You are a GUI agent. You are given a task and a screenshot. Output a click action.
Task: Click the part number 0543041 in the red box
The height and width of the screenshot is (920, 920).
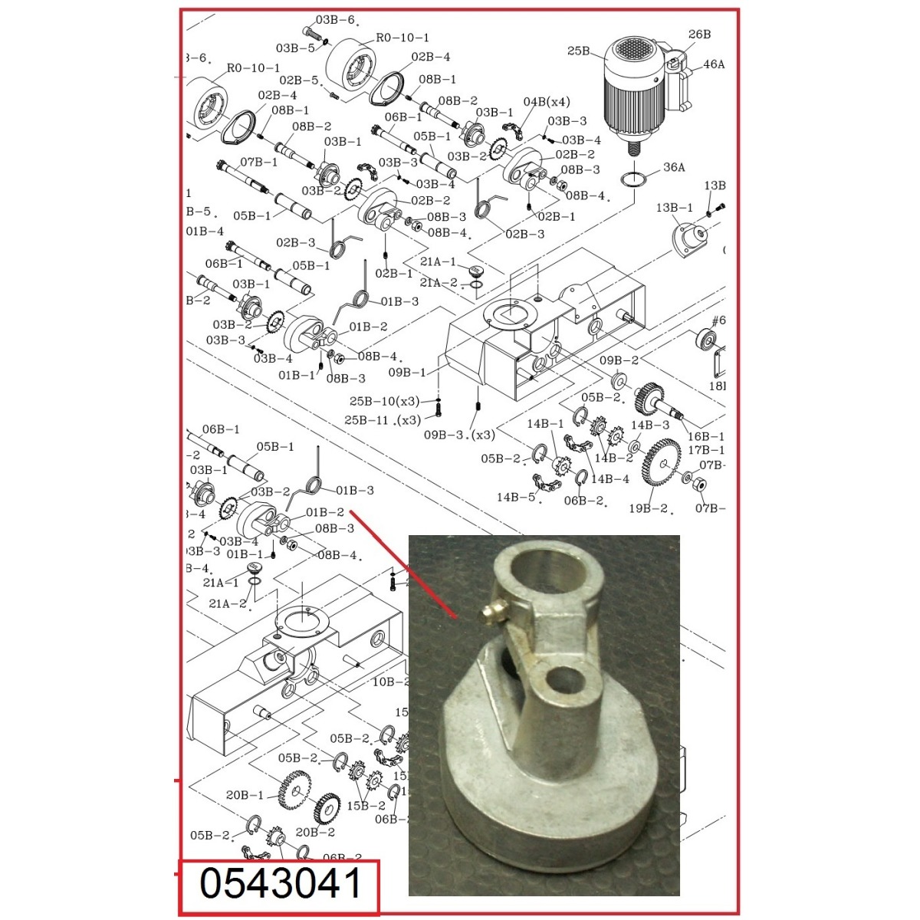[279, 884]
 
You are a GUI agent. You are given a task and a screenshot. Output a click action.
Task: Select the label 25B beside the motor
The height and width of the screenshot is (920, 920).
[578, 51]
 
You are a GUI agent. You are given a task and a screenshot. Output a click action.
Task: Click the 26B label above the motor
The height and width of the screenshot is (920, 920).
[699, 34]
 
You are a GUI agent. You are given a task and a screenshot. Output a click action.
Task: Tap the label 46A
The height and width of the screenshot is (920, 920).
[713, 64]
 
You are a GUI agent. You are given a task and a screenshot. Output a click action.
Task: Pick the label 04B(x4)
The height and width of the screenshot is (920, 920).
[547, 102]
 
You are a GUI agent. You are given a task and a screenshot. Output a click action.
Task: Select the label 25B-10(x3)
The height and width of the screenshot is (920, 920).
[385, 401]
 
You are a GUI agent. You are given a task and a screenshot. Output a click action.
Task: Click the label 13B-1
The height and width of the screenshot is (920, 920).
[674, 208]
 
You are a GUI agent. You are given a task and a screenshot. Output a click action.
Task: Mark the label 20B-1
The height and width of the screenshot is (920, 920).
[245, 795]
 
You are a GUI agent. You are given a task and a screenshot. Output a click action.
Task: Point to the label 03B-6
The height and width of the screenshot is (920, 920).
[335, 20]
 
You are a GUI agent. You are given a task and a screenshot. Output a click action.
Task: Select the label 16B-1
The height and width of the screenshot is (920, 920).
[705, 436]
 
